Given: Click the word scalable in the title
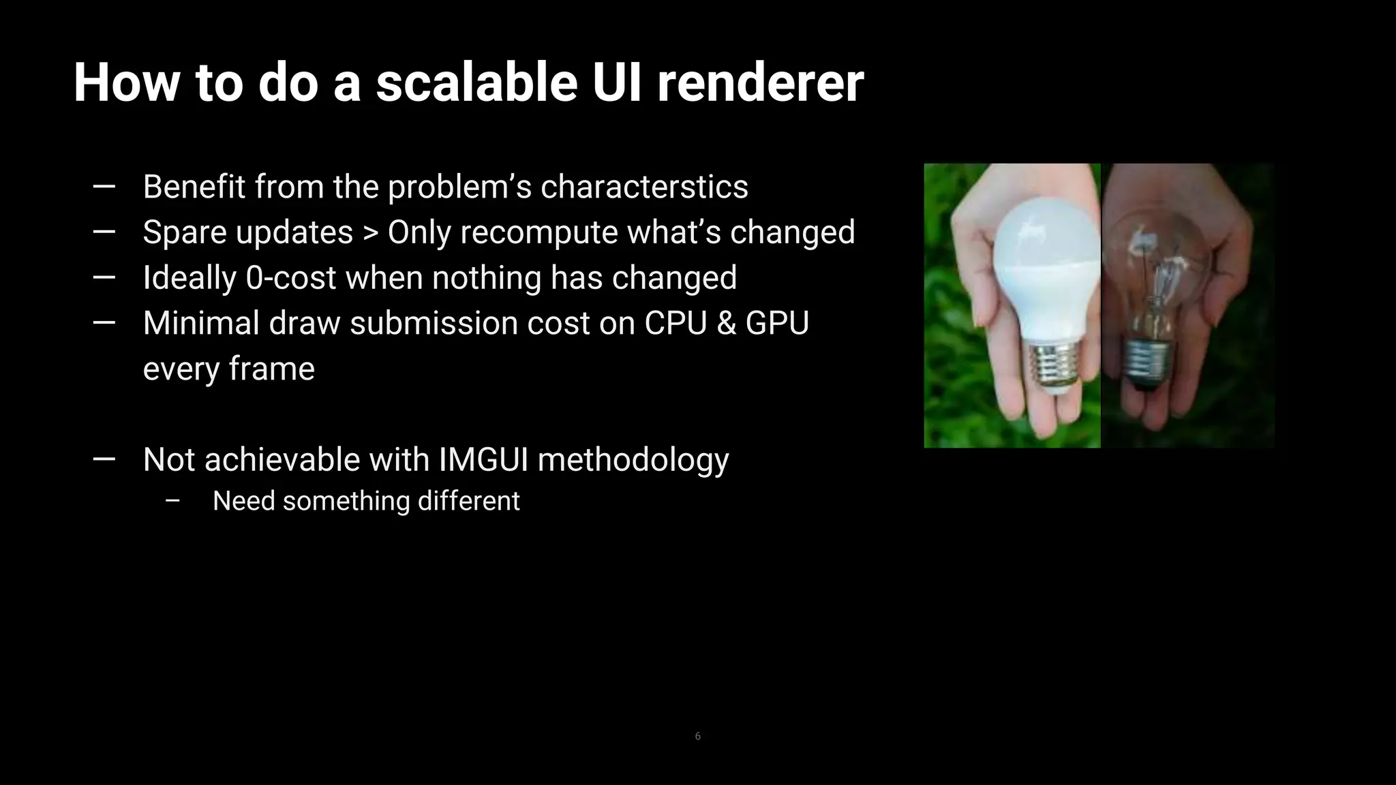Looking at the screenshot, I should point(476,83).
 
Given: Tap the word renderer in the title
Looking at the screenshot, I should point(760,83).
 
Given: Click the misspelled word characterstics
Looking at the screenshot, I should point(644,187).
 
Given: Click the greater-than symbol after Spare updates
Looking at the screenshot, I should point(370,233).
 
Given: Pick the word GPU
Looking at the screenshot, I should point(777,323).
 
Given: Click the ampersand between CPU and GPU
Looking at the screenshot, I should point(727,323).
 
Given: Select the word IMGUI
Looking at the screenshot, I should point(483,459).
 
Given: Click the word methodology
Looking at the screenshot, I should point(633,461).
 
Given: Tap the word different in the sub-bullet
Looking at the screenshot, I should point(468,501).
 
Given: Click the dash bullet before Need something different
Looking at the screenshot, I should point(172,501).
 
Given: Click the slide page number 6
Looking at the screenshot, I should point(697,736).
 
